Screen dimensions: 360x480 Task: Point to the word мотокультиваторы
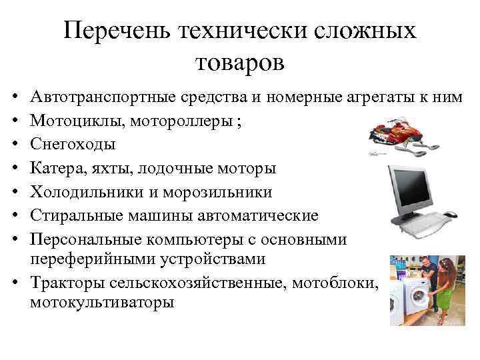click(102, 303)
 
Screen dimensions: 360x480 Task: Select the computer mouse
click(451, 215)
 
